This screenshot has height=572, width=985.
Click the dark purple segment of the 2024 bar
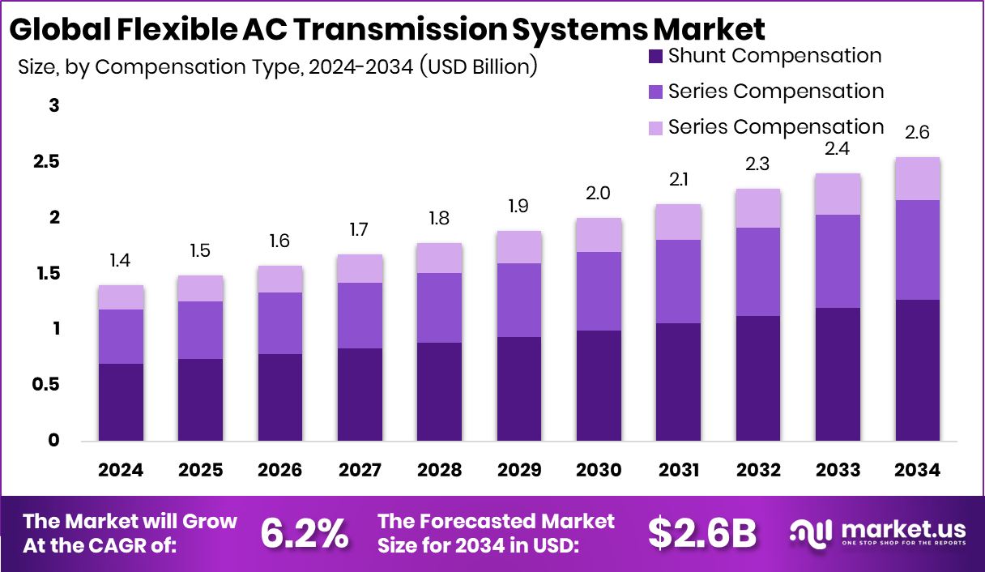(121, 402)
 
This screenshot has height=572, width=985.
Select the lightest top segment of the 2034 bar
(918, 178)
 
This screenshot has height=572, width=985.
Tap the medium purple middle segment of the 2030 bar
(599, 291)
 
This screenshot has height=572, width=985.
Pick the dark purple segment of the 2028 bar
(439, 391)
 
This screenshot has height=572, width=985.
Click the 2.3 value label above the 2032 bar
(758, 164)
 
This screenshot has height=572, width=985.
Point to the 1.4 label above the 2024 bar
(121, 260)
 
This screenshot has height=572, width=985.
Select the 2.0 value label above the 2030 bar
(599, 193)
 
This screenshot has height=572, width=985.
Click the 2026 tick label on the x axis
(280, 471)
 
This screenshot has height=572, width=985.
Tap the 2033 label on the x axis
(838, 471)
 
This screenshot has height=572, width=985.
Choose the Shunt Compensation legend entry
(774, 56)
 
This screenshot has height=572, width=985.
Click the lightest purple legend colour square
(655, 128)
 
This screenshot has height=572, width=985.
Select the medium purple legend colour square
(655, 92)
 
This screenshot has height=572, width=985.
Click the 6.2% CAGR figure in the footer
(305, 533)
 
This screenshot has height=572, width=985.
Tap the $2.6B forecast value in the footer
(702, 533)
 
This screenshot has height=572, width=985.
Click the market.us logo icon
(811, 533)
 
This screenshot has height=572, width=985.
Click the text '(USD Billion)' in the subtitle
(478, 66)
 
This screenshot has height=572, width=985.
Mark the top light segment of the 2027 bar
(360, 268)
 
